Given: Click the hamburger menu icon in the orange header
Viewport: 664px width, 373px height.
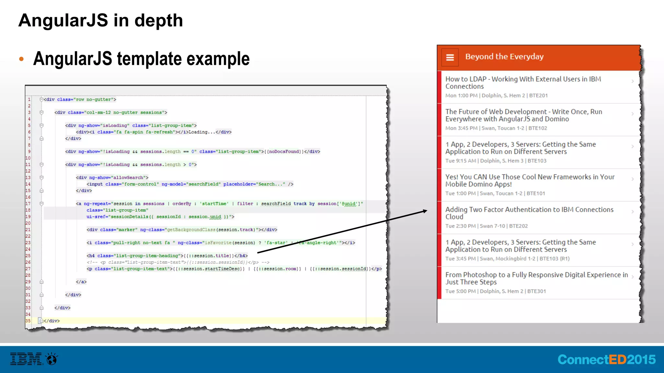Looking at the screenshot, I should click(450, 57).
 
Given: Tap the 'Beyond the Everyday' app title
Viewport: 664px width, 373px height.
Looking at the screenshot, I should click(504, 57).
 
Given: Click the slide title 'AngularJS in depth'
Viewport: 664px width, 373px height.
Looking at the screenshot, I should click(101, 20).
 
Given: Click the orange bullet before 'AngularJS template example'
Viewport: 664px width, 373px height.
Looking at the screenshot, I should click(21, 59).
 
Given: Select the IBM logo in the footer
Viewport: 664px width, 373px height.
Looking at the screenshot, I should click(26, 359).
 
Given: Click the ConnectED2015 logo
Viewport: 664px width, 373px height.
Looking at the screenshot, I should click(606, 359).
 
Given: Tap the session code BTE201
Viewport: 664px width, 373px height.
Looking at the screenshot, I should click(538, 96).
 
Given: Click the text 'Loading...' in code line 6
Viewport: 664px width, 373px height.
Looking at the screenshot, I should click(202, 132).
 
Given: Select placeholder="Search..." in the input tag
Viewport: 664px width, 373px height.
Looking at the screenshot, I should click(254, 184).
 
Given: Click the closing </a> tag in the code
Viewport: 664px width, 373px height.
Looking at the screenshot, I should click(81, 282).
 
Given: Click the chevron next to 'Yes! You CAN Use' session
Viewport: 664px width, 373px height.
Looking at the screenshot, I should click(632, 179).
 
